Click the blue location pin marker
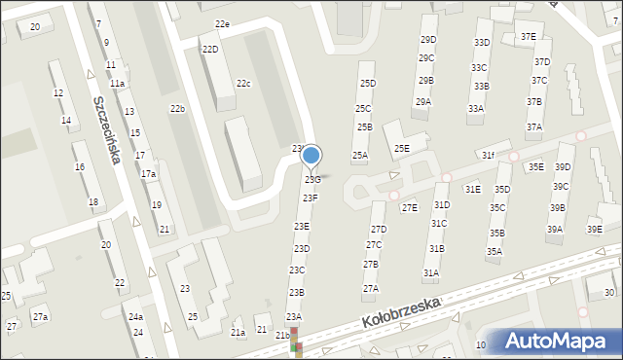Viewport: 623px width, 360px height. (311, 156)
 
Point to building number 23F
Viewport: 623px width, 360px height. (310, 198)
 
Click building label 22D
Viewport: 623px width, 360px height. (210, 49)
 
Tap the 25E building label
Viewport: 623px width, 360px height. (401, 148)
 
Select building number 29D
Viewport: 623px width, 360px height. (427, 40)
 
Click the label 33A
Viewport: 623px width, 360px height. (475, 109)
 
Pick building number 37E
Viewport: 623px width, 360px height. (528, 37)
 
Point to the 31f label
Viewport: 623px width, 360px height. (488, 156)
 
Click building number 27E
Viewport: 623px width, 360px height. (410, 207)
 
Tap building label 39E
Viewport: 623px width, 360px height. (594, 230)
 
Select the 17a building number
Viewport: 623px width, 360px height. (148, 173)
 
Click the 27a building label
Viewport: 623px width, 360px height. (40, 317)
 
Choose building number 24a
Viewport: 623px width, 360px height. (136, 317)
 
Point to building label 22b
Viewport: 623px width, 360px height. (177, 108)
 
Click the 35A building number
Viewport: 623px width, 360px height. (495, 252)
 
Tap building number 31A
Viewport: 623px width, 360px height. (431, 273)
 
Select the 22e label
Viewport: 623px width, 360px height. (223, 23)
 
